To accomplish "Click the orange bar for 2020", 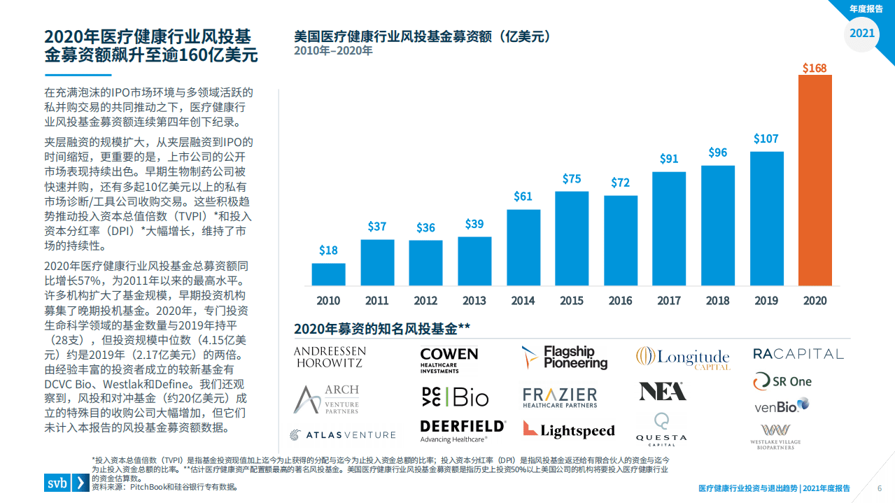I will [x=815, y=180].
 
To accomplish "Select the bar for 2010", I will [x=328, y=274].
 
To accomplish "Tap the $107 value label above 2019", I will [x=766, y=139].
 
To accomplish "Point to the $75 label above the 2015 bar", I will [x=572, y=179].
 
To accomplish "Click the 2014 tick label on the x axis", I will [x=523, y=301].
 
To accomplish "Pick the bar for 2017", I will [x=669, y=228].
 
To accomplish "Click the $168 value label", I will [x=815, y=68].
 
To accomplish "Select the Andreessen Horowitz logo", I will [x=330, y=357].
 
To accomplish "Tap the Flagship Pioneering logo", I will [x=565, y=357].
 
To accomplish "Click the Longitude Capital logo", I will [x=682, y=358].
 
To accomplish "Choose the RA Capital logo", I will [x=798, y=354].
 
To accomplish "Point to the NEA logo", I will [x=662, y=391].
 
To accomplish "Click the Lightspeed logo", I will [x=568, y=430].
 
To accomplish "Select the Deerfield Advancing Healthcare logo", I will [x=462, y=430].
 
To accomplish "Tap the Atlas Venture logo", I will [x=343, y=434].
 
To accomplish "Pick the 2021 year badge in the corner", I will [x=861, y=33].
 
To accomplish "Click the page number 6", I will [x=879, y=488].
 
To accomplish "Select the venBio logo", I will [x=781, y=405].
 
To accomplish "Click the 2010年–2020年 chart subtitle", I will [x=333, y=51].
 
